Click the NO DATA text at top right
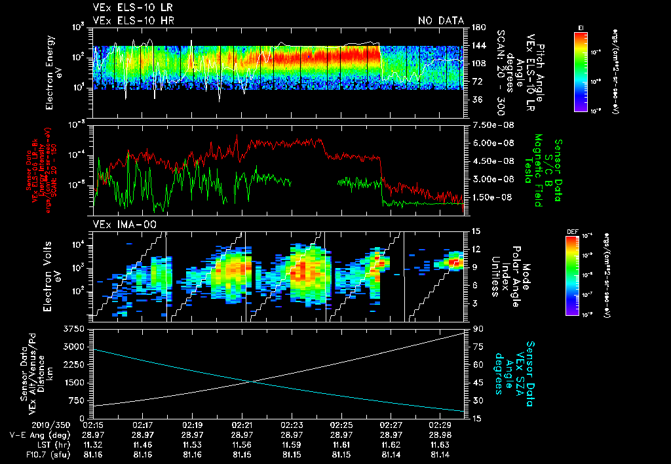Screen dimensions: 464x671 pos(440,20)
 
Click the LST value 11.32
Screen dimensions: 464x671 pos(94,444)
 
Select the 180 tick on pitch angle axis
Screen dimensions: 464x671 pos(478,27)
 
